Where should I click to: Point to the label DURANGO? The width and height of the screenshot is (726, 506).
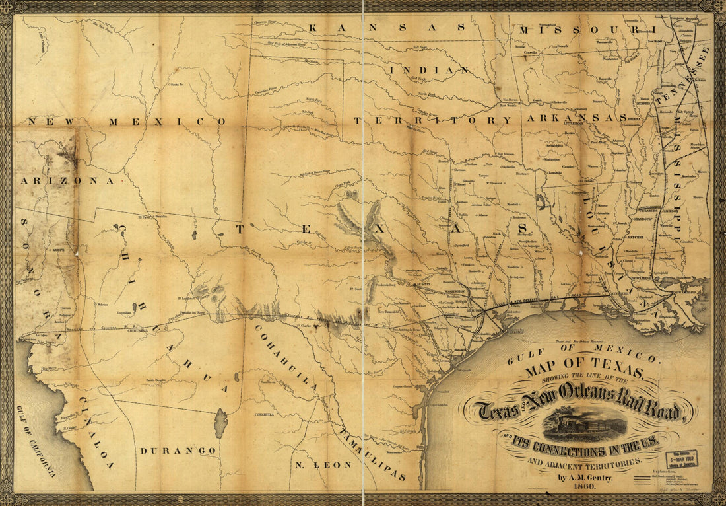point(178,451)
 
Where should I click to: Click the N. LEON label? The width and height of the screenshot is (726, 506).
point(323,465)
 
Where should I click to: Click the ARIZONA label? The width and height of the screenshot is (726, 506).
point(66,180)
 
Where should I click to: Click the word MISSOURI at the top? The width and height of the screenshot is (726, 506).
point(587,30)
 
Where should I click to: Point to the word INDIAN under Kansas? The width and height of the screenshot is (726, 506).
point(430,69)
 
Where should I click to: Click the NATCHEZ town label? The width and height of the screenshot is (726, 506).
point(637,235)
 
